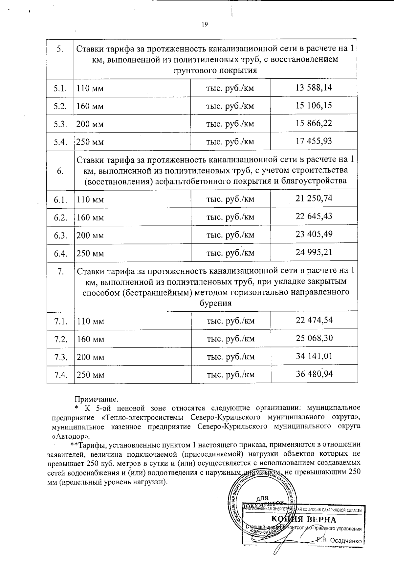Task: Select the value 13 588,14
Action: (x=314, y=88)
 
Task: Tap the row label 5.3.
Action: (x=60, y=124)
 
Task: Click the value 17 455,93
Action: (x=314, y=141)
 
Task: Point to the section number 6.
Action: (x=60, y=171)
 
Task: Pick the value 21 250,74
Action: (x=314, y=198)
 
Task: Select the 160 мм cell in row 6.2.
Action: (x=90, y=218)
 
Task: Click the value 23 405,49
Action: (x=314, y=234)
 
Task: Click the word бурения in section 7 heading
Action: (x=215, y=303)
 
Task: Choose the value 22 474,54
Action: (x=314, y=320)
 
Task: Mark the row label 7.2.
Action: (x=61, y=339)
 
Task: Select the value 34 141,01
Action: (x=314, y=356)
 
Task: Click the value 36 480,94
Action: (x=314, y=374)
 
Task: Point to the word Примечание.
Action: (x=96, y=399)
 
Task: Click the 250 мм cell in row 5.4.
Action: (x=90, y=142)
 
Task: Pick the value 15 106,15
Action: (x=314, y=106)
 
